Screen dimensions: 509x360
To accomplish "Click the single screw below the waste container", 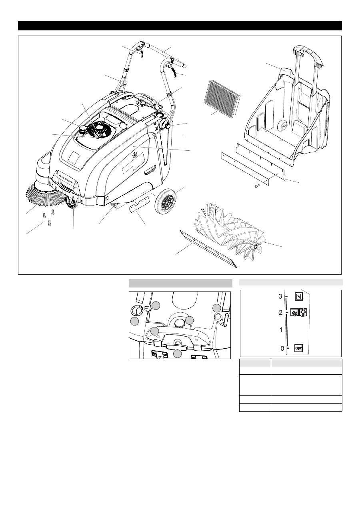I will click(x=257, y=186).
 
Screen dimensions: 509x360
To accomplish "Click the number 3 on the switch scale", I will click(x=281, y=296).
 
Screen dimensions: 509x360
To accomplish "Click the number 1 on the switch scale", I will click(x=281, y=330).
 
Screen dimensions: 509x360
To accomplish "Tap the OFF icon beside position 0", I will click(x=298, y=347).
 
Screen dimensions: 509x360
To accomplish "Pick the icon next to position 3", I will click(x=298, y=296).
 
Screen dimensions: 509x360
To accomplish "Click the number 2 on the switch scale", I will click(x=281, y=312).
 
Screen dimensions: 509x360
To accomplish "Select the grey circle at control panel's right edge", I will click(x=216, y=308).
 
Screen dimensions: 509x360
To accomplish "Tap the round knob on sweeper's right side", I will click(x=168, y=126).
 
